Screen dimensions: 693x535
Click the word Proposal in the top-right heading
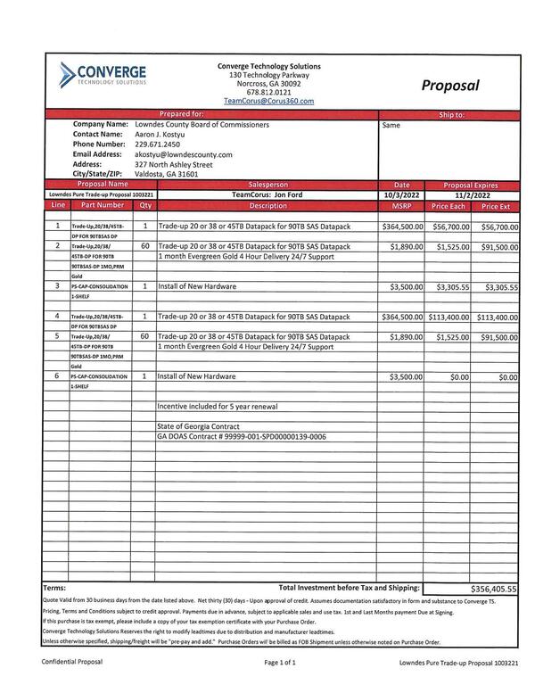450,86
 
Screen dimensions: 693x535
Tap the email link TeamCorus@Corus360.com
268,102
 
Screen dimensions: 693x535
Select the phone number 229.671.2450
157,144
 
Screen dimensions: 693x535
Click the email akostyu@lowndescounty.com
183,154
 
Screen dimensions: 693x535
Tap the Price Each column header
449,206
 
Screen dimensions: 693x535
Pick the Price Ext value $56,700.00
496,227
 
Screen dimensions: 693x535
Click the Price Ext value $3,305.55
500,288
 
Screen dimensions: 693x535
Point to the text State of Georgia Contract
201,427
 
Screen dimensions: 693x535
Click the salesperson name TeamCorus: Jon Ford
268,194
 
